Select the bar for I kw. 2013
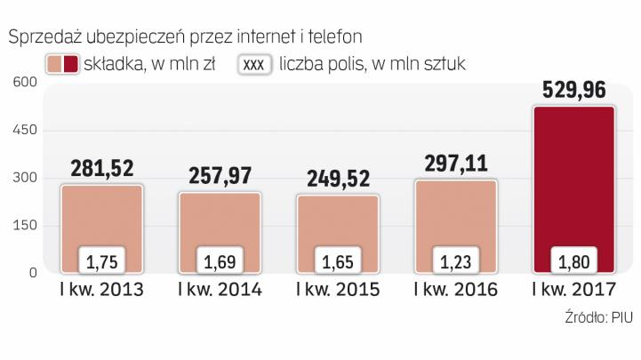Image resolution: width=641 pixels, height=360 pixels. click(x=101, y=218)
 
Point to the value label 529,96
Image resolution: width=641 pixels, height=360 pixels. click(x=573, y=90)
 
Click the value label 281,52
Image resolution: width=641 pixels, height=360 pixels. click(x=101, y=169)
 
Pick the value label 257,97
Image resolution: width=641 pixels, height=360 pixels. click(x=220, y=176)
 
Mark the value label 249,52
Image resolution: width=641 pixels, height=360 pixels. click(x=337, y=179)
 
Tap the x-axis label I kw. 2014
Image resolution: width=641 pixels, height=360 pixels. click(x=220, y=291)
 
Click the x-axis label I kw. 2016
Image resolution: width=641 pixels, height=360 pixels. click(x=455, y=291)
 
